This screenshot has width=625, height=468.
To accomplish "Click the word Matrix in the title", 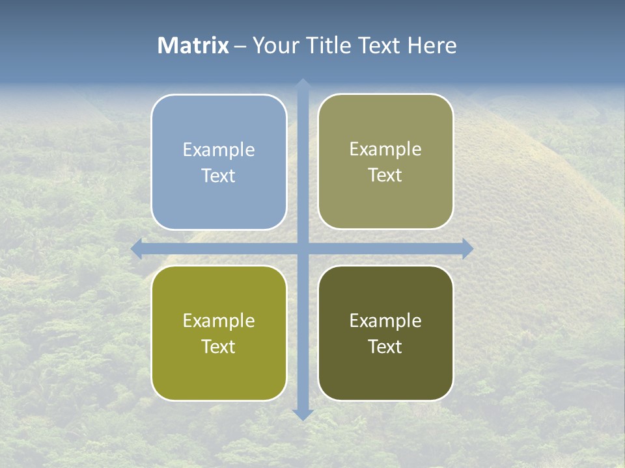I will click(193, 45).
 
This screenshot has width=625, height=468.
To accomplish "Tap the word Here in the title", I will click(432, 45).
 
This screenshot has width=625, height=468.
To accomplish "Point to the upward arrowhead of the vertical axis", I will click(302, 84).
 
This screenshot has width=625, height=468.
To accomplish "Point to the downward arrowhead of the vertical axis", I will click(302, 414).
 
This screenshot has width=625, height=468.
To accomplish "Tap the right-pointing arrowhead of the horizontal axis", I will click(467, 248).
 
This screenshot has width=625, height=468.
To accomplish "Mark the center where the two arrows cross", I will click(302, 248).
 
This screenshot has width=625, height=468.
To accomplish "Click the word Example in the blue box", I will click(219, 150).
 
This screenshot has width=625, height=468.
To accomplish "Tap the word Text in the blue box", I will click(219, 175).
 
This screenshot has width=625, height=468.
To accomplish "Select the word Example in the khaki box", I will click(385, 149).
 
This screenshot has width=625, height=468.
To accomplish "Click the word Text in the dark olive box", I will click(385, 346).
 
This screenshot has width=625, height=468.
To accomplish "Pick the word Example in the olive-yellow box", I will click(219, 321).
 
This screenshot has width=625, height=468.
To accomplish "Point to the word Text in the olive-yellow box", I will click(219, 346).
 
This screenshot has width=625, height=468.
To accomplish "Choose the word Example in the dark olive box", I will click(385, 321).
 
